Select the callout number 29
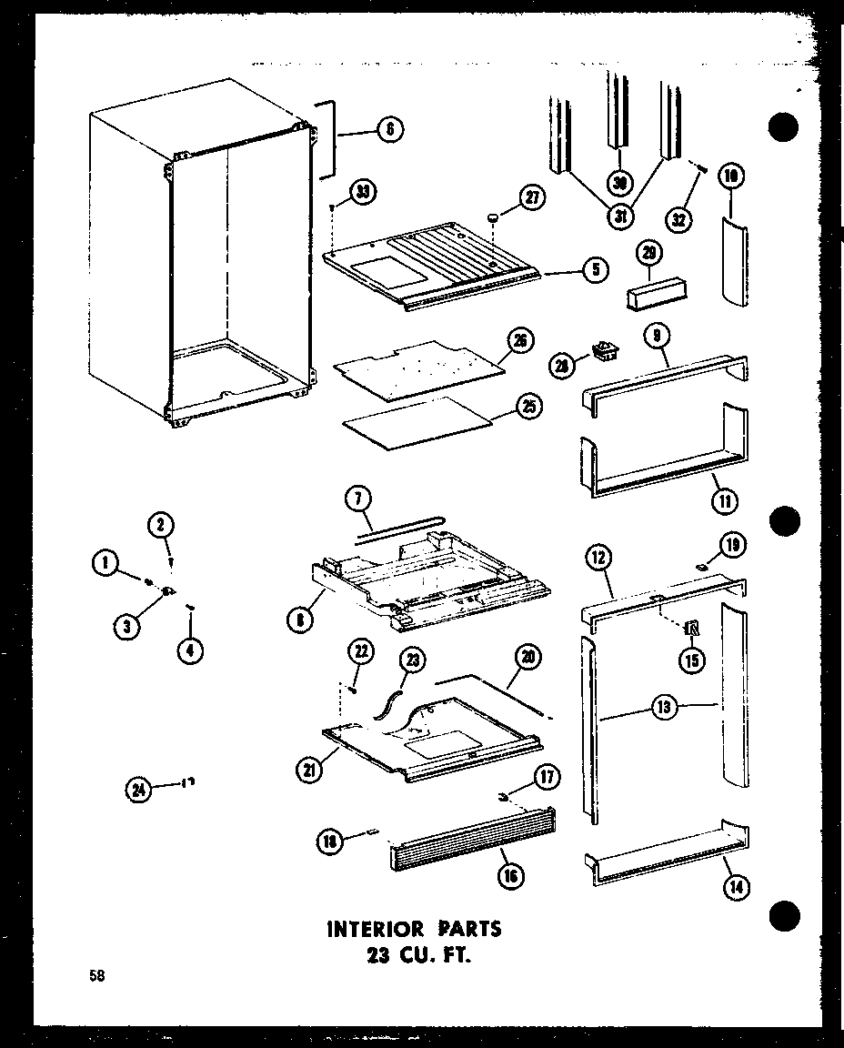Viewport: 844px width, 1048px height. [x=651, y=253]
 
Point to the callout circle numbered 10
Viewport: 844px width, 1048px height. [x=730, y=176]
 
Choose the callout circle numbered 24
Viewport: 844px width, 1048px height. [x=139, y=790]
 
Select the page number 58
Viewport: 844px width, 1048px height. [x=95, y=978]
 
